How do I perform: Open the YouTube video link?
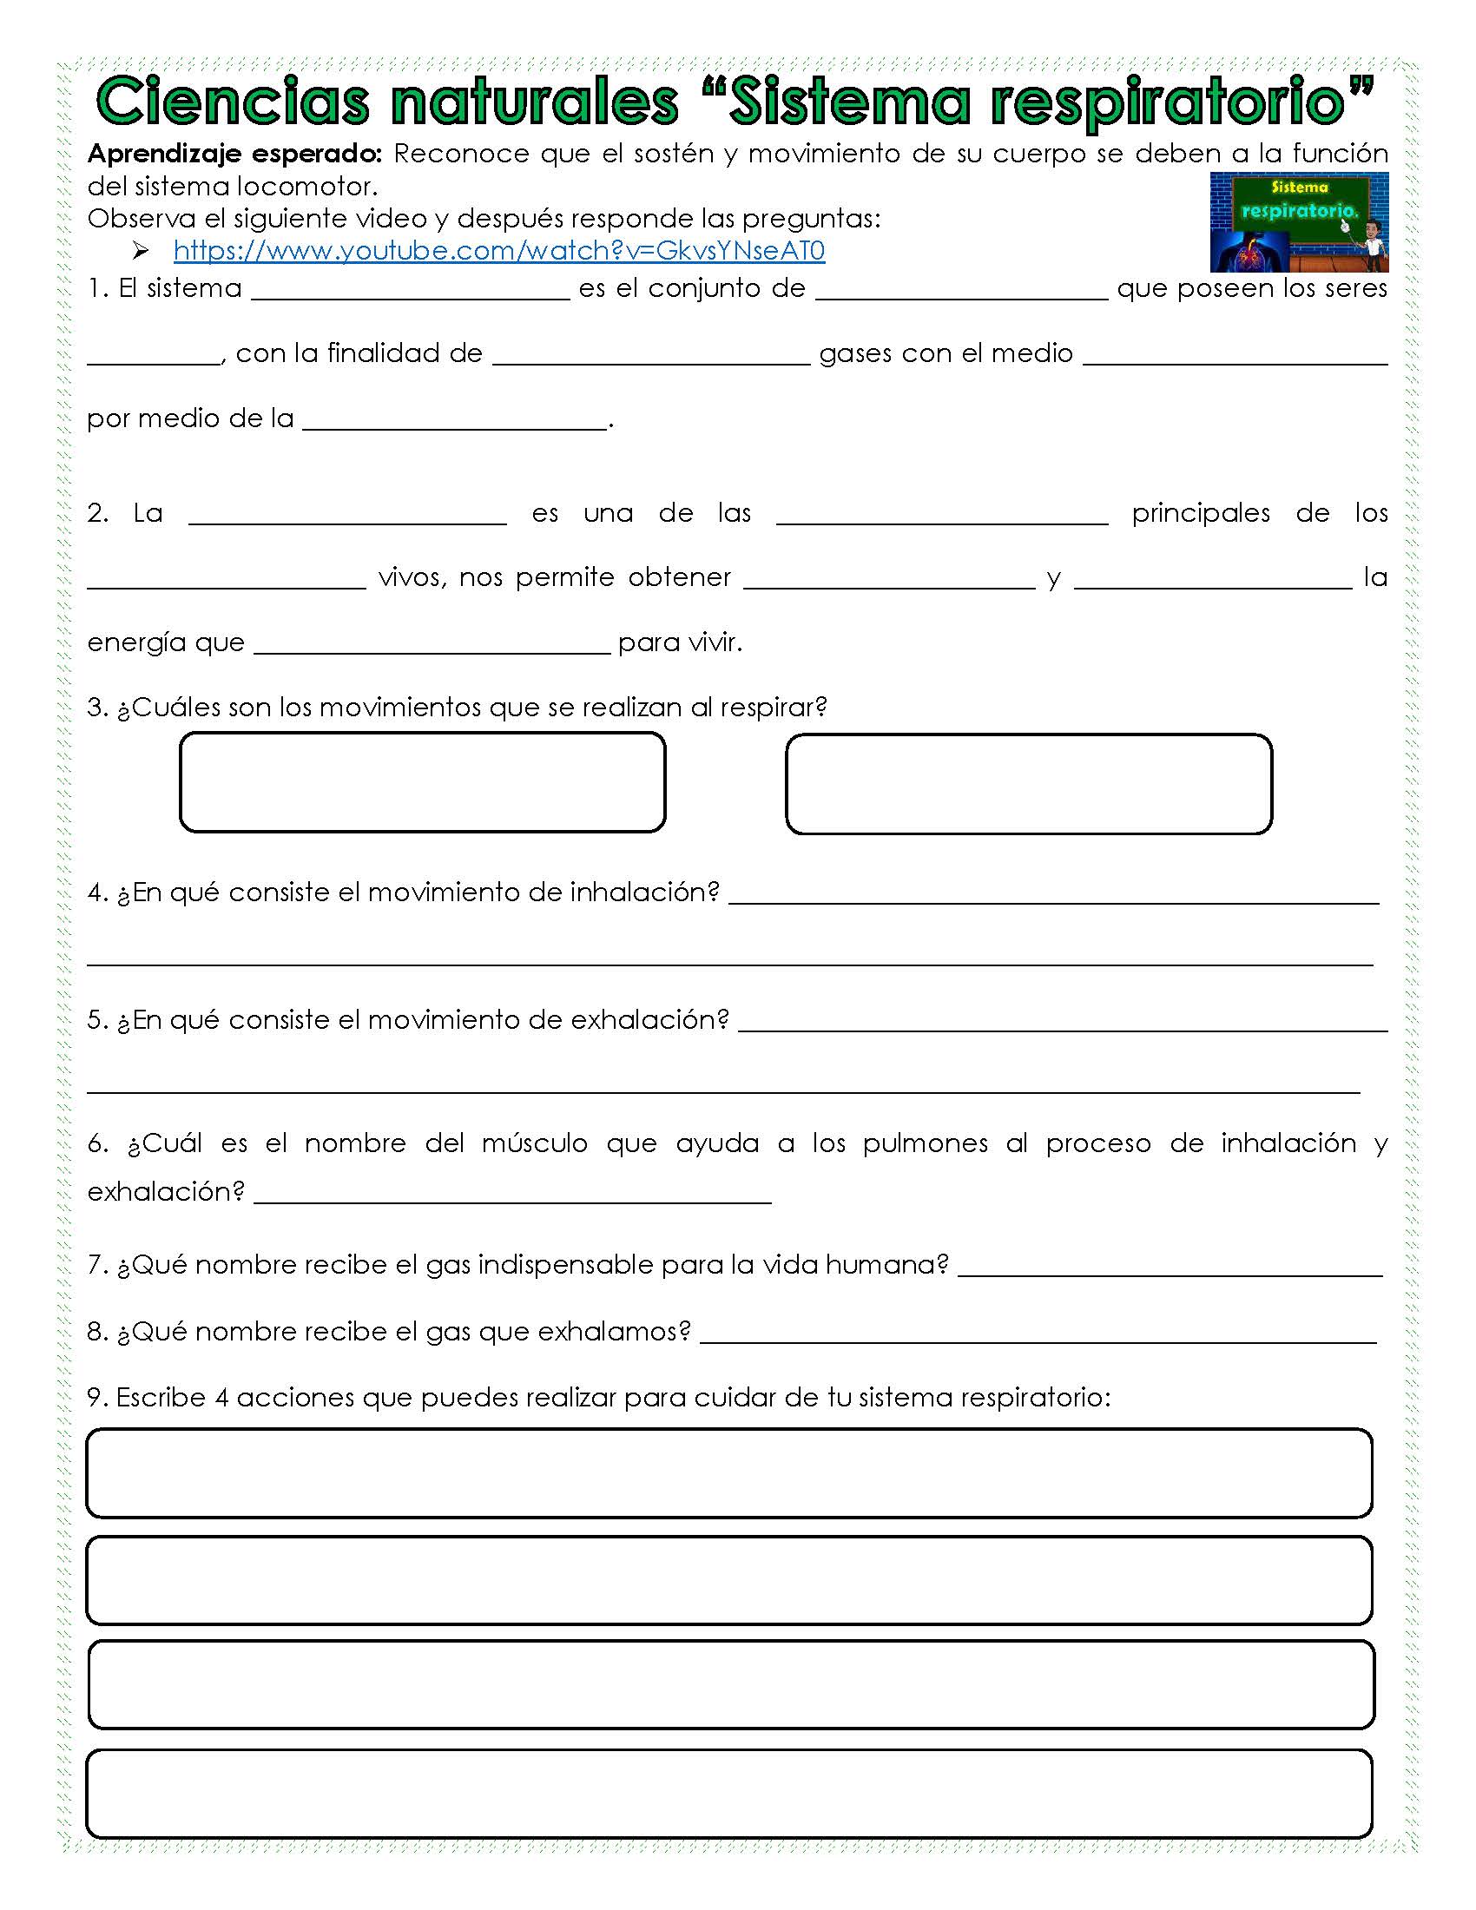tap(498, 251)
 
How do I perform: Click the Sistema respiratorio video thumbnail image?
tap(1299, 222)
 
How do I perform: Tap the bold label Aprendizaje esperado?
tap(234, 154)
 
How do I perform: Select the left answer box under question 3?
tap(422, 782)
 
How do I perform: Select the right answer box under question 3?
tap(1028, 784)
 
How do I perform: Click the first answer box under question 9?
tap(729, 1473)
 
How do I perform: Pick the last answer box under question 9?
tap(729, 1793)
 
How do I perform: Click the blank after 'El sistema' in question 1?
tap(410, 293)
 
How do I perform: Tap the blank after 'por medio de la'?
tap(455, 423)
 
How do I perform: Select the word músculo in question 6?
tap(534, 1143)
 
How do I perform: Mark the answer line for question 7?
tap(1170, 1269)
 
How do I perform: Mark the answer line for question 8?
tap(1038, 1335)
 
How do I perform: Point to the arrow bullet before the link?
tap(141, 252)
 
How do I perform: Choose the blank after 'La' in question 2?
tap(347, 517)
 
